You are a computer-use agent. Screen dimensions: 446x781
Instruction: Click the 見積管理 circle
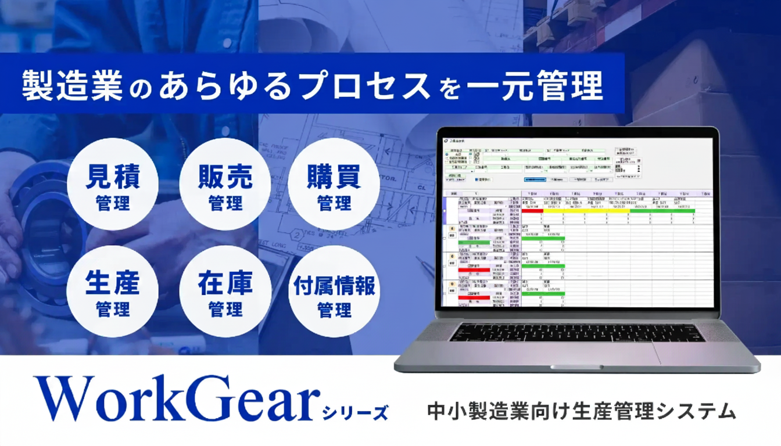click(113, 184)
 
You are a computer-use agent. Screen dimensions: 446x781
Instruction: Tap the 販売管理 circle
click(225, 184)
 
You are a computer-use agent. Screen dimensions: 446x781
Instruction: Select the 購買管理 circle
click(334, 184)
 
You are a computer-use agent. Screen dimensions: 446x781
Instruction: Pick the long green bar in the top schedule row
click(662, 211)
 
